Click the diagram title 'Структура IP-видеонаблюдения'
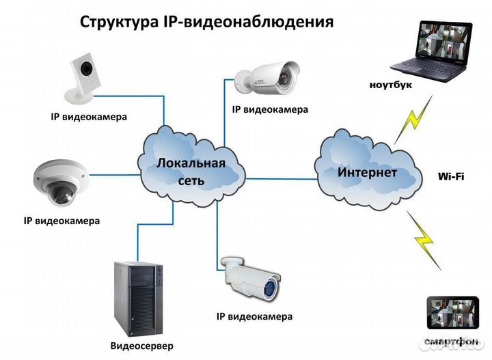(207, 21)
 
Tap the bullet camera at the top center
(268, 74)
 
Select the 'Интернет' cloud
(367, 171)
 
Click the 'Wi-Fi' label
(451, 176)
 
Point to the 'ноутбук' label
(393, 85)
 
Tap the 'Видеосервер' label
(141, 346)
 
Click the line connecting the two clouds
(280, 179)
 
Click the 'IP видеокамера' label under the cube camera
(89, 117)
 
